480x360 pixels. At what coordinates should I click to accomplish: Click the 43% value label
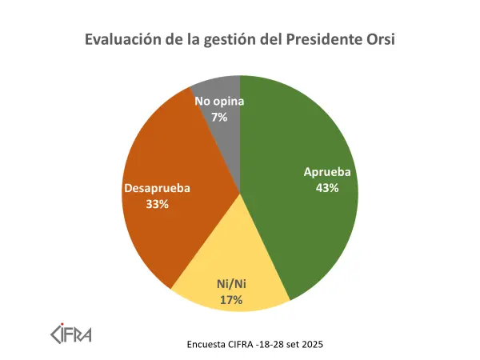(x=327, y=188)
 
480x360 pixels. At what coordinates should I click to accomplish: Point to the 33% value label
(x=157, y=204)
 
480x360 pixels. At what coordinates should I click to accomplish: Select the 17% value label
(x=231, y=299)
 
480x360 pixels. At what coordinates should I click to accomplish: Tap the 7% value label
(x=219, y=117)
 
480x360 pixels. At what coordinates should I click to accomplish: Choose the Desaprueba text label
(x=157, y=188)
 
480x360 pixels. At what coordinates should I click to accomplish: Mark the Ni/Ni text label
(x=231, y=284)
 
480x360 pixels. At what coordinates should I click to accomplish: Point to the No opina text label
(x=219, y=102)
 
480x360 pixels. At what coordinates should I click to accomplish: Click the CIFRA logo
(x=70, y=330)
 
